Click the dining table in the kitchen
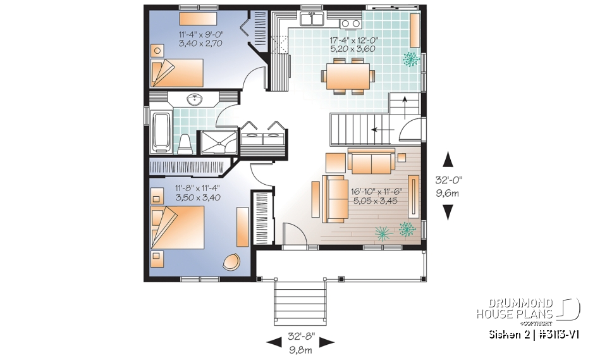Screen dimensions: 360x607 (345, 77)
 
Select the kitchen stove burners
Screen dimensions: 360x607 (348, 24)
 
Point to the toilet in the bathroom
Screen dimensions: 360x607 (185, 144)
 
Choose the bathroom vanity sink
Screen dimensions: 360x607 (194, 99)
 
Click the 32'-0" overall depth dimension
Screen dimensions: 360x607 (448, 185)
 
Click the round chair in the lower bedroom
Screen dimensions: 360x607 (231, 262)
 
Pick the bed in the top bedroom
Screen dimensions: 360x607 (176, 72)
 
